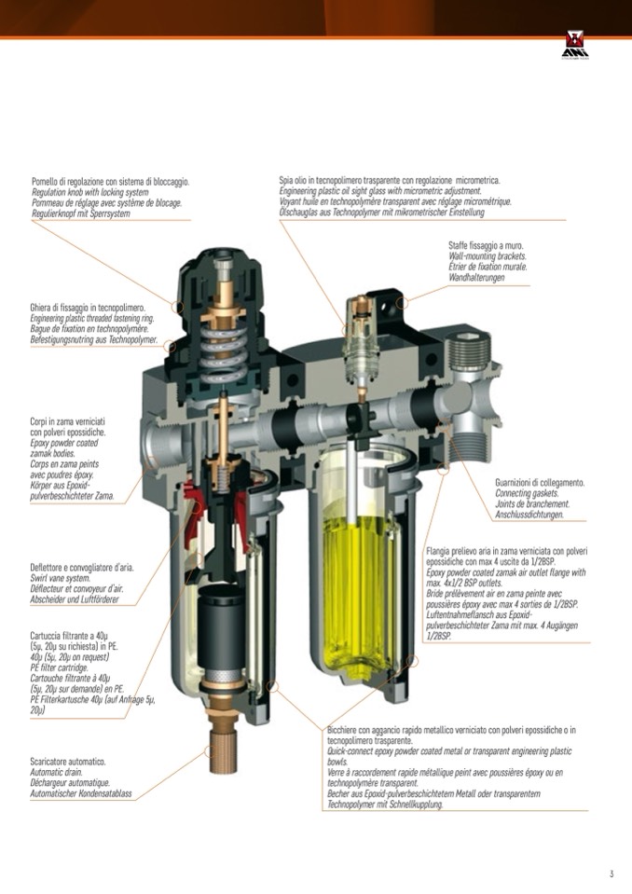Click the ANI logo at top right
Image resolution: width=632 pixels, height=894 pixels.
(575, 45)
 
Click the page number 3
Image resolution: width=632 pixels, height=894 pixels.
(611, 873)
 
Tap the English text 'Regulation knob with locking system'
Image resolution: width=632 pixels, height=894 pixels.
(90, 193)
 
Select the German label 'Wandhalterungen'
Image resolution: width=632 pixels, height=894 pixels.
(476, 278)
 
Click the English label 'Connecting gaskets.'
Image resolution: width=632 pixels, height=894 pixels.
(527, 493)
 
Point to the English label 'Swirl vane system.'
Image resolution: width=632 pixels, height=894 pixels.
(60, 579)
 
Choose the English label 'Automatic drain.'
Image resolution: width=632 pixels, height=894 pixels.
(56, 773)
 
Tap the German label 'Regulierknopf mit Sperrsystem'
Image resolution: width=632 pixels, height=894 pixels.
(80, 213)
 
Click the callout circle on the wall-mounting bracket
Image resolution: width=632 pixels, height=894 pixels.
(403, 303)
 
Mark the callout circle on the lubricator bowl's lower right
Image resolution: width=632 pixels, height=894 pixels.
(413, 661)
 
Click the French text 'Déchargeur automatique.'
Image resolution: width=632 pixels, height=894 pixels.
(70, 783)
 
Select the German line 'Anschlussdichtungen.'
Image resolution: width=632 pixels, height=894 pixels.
(529, 515)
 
